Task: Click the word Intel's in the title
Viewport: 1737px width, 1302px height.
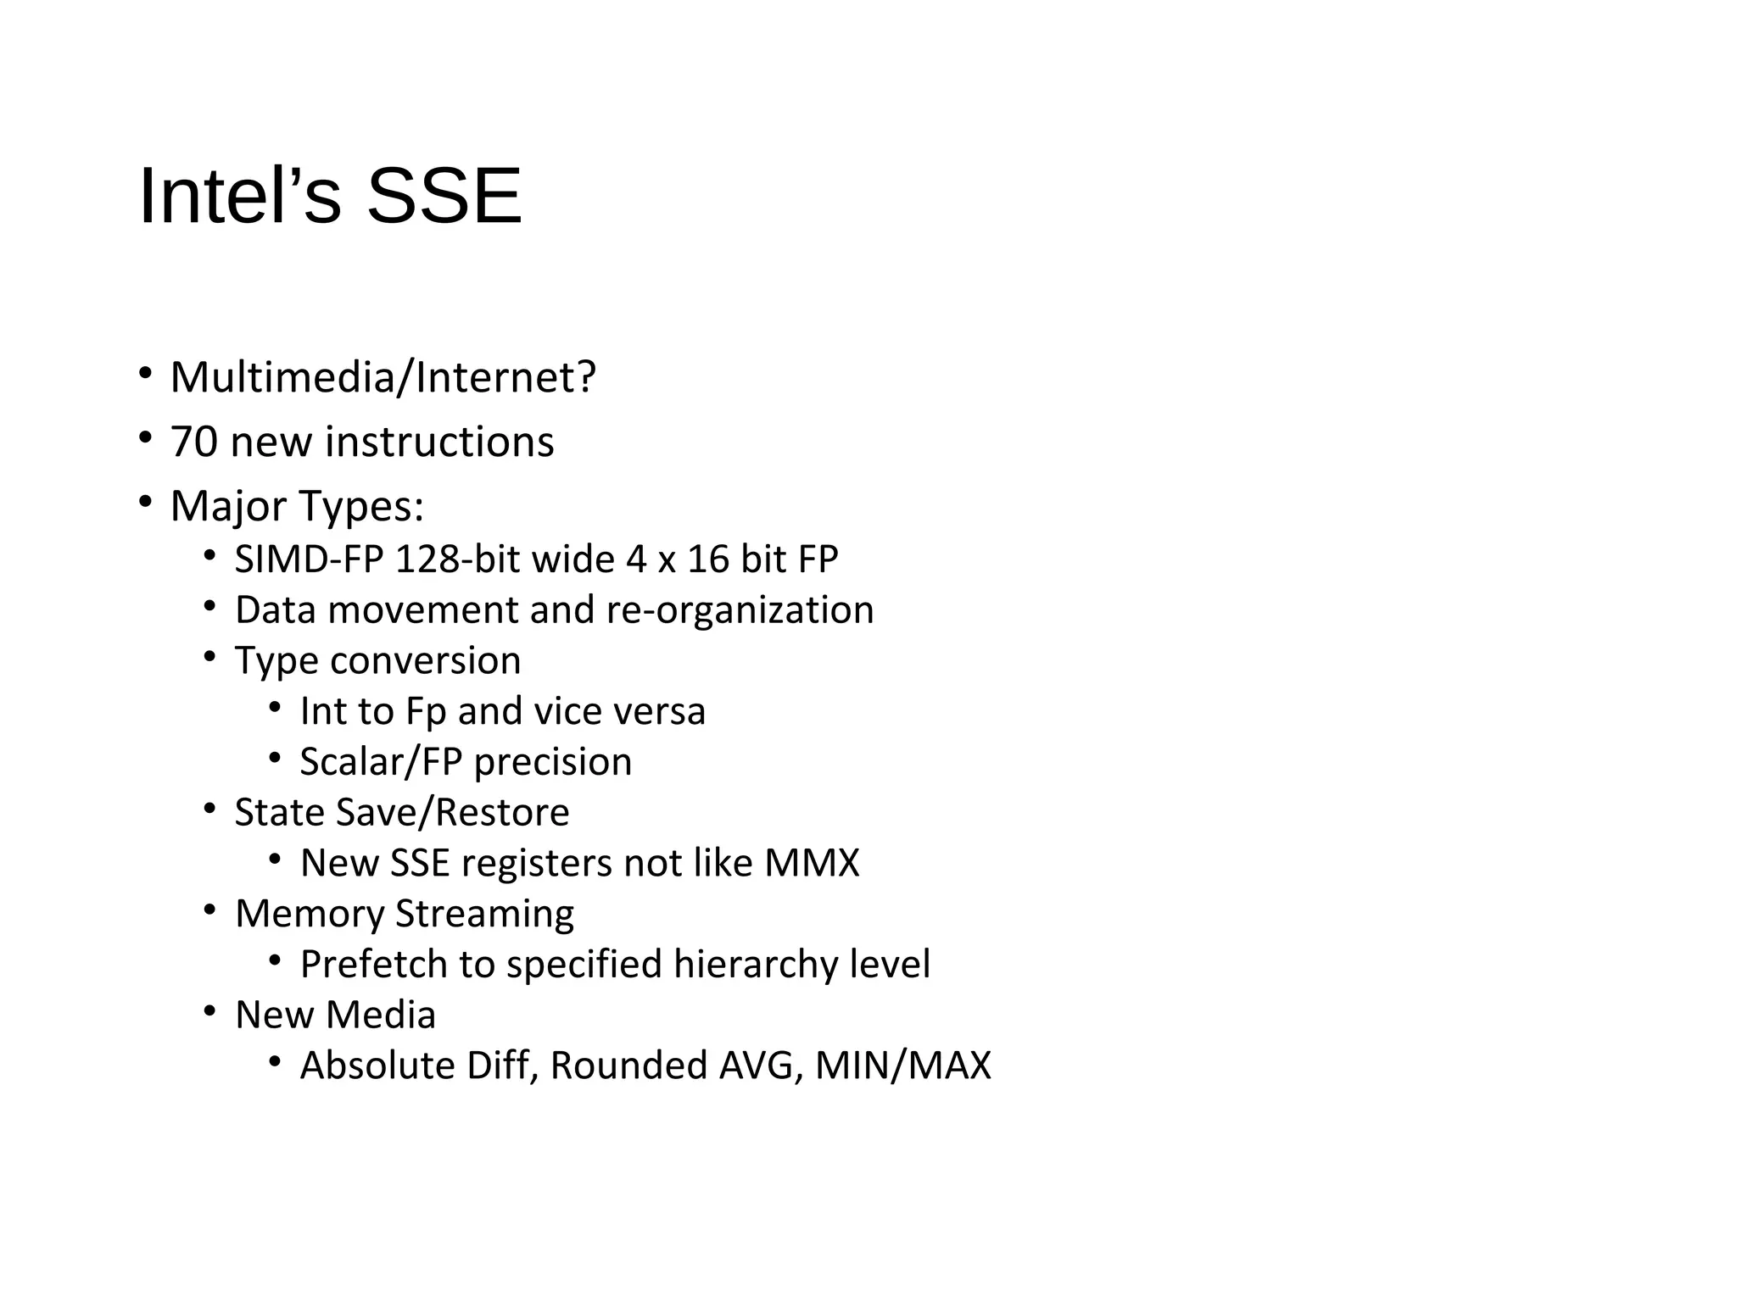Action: [x=240, y=197]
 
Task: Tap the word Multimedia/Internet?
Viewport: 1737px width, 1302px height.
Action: [x=383, y=377]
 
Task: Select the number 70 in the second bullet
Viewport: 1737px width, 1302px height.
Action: [x=193, y=442]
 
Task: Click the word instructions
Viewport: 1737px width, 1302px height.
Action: [x=439, y=442]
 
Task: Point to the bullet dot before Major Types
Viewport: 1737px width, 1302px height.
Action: [x=145, y=502]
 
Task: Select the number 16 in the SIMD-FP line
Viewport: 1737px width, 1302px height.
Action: [x=708, y=559]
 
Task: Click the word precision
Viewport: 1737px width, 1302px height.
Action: [x=552, y=762]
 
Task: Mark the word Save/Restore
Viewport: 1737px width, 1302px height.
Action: [x=453, y=812]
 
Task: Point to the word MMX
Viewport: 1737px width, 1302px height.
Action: [x=812, y=863]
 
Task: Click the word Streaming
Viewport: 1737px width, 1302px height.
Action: [x=484, y=914]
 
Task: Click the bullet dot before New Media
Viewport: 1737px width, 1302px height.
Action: [x=209, y=1011]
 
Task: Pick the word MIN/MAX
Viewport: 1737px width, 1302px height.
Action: [x=902, y=1066]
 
